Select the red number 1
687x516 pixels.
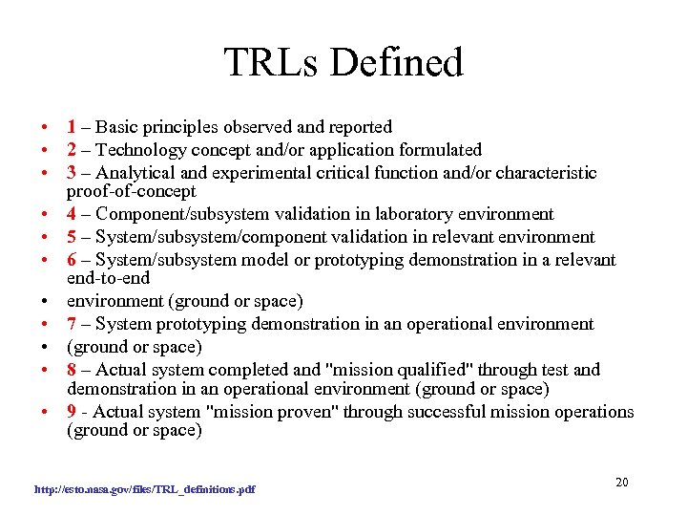(72, 127)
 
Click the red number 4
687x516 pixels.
(72, 214)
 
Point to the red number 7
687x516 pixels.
(72, 325)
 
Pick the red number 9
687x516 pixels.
(72, 412)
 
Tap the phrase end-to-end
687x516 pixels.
(108, 279)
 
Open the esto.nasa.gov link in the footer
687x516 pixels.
(145, 489)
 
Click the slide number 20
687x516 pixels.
(621, 482)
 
